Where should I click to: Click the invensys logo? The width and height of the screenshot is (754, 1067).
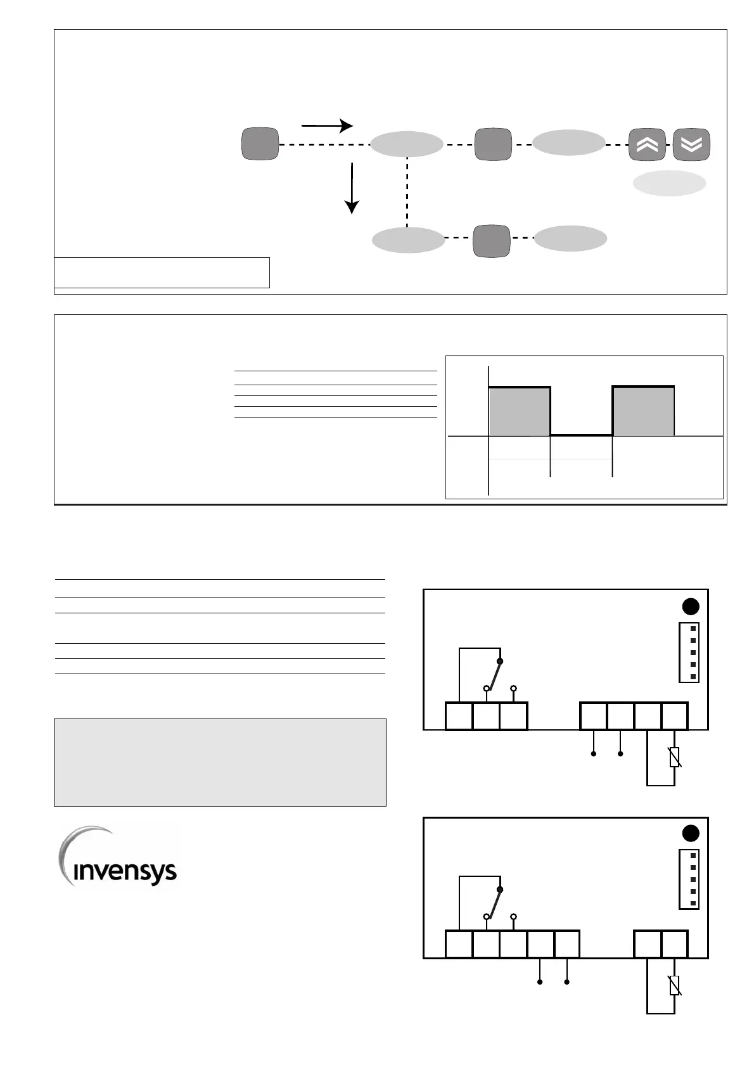pyautogui.click(x=119, y=859)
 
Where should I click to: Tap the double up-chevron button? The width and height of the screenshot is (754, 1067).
pyautogui.click(x=647, y=144)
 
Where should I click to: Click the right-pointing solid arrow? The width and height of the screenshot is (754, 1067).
pyautogui.click(x=326, y=125)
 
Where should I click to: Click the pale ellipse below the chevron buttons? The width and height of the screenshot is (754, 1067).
pyautogui.click(x=669, y=183)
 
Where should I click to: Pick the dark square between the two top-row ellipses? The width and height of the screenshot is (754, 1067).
pyautogui.click(x=492, y=144)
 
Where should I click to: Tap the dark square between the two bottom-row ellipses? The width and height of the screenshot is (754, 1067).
pyautogui.click(x=491, y=241)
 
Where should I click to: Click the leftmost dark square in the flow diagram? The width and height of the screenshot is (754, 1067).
pyautogui.click(x=260, y=144)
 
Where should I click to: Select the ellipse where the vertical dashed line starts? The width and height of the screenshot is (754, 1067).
pyautogui.click(x=406, y=144)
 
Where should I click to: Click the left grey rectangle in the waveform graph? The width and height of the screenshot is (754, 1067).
pyautogui.click(x=519, y=412)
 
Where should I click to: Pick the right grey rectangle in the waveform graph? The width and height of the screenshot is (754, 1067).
pyautogui.click(x=642, y=412)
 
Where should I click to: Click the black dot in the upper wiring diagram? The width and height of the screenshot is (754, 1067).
pyautogui.click(x=690, y=606)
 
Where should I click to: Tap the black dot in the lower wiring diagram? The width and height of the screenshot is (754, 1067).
pyautogui.click(x=690, y=833)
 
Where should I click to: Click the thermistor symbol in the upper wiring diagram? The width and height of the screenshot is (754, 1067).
pyautogui.click(x=675, y=757)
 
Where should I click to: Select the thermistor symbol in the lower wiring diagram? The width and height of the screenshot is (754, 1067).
pyautogui.click(x=675, y=985)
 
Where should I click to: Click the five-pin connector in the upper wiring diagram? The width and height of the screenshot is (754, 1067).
pyautogui.click(x=689, y=653)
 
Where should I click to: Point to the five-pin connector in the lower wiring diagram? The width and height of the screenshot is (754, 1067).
pyautogui.click(x=689, y=879)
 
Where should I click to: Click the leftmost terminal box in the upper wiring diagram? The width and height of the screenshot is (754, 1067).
pyautogui.click(x=459, y=716)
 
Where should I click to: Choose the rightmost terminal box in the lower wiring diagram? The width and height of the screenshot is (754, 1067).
pyautogui.click(x=675, y=944)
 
